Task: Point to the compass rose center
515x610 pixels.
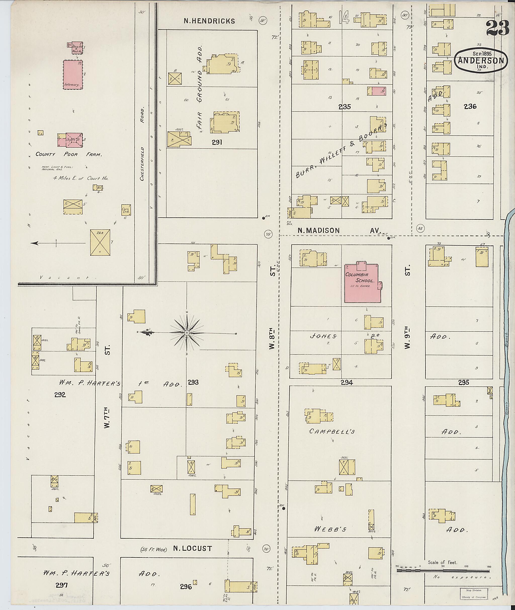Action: pyautogui.click(x=187, y=333)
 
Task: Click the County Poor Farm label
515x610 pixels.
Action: pyautogui.click(x=69, y=154)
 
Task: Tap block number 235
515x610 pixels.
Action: pyautogui.click(x=345, y=107)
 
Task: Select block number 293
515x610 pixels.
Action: pyautogui.click(x=193, y=382)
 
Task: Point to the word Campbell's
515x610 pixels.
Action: pyautogui.click(x=332, y=431)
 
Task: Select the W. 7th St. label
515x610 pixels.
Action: pyautogui.click(x=107, y=418)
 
